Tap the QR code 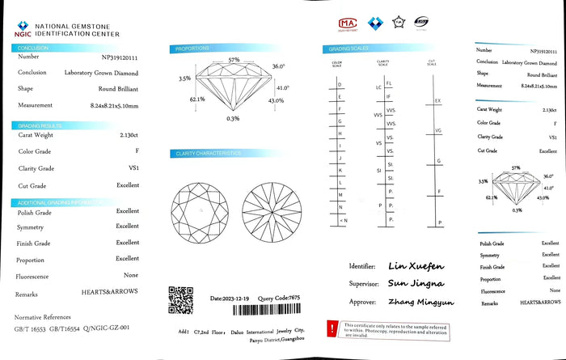point(180,299)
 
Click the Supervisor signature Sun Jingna point(416,284)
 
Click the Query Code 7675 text point(279,299)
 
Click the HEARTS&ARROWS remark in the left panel point(110,293)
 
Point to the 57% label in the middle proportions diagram point(234,60)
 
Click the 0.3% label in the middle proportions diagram point(233,119)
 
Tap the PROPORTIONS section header point(192,49)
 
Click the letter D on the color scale point(339,84)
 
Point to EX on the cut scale point(437,101)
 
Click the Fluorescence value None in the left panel point(131,276)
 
